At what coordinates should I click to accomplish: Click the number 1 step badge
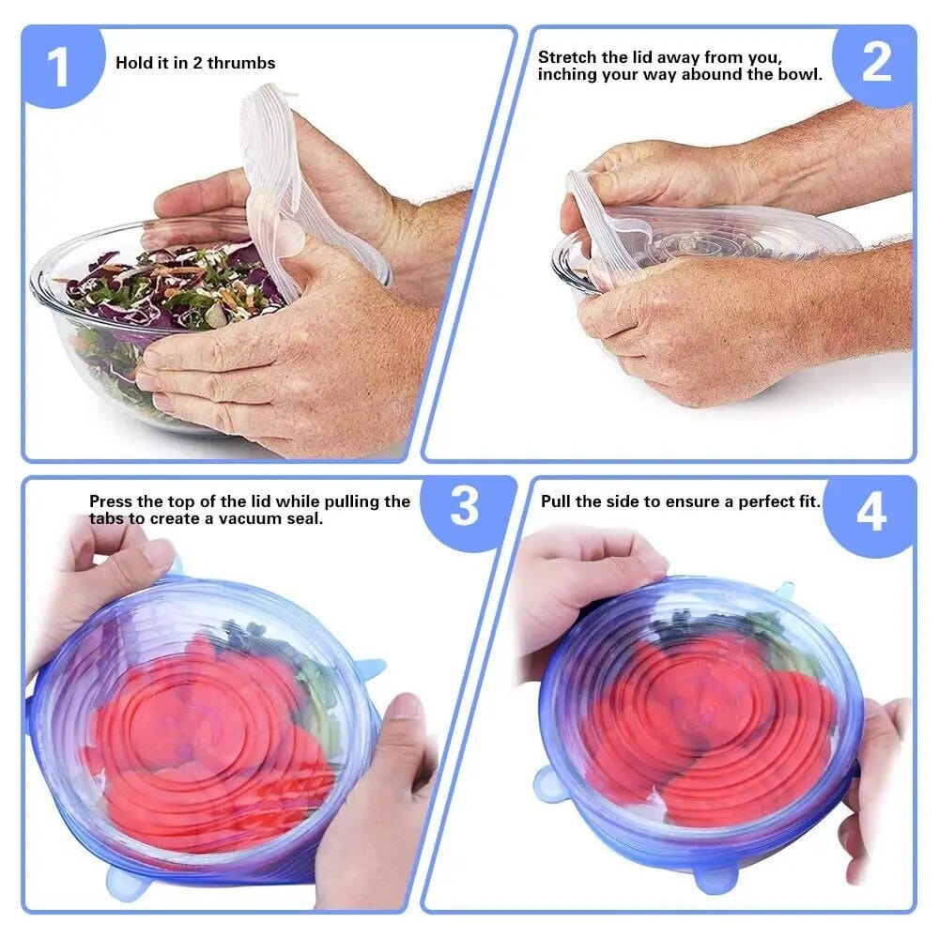58,68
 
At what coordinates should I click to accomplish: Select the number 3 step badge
465,508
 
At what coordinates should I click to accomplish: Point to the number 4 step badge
871,514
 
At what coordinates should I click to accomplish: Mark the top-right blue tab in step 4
784,591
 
